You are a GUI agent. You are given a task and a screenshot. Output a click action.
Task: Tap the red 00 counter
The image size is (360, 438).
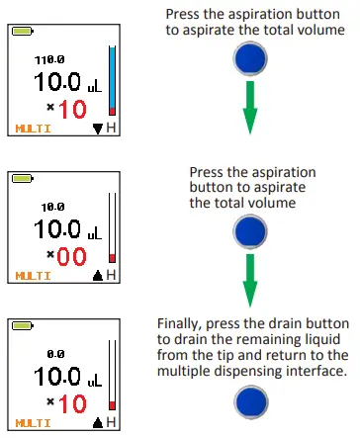point(72,258)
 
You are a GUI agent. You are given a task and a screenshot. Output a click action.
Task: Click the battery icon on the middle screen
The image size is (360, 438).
point(21,180)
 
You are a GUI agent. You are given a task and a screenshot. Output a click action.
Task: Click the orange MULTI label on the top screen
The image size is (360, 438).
point(33,129)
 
